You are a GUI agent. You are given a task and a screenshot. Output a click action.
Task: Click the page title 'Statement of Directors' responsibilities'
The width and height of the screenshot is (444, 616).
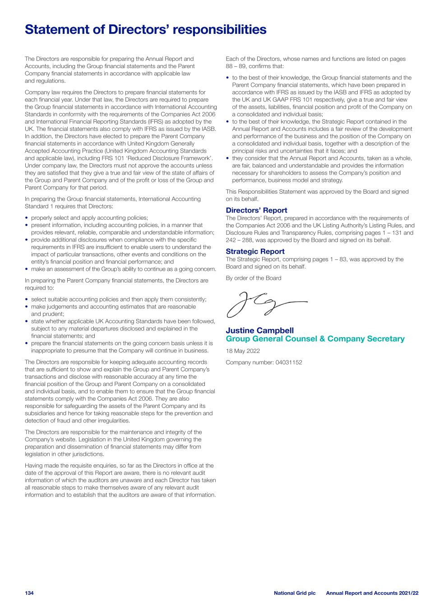tap(145, 30)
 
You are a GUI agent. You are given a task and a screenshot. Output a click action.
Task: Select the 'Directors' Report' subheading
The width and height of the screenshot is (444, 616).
tap(256, 210)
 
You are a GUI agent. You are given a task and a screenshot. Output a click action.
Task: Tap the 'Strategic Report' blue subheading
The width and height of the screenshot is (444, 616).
tap(255, 251)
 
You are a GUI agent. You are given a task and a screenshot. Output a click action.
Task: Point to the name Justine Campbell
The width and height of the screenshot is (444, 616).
tap(259, 331)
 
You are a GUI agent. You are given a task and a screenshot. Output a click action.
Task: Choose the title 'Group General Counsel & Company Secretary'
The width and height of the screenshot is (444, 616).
tap(315, 339)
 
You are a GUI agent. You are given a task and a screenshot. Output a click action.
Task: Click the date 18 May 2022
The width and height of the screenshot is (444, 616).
tap(243, 351)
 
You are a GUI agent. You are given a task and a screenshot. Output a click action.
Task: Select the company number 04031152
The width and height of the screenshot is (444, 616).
tap(264, 362)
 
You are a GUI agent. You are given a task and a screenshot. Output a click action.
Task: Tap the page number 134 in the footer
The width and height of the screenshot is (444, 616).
tap(29, 593)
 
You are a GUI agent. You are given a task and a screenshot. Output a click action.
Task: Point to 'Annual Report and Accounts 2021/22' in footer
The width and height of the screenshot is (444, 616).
tap(372, 593)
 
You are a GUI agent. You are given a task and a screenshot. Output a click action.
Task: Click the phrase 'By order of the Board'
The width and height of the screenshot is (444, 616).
tap(253, 278)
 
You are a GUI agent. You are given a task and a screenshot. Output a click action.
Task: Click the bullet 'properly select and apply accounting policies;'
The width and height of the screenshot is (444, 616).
tap(89, 218)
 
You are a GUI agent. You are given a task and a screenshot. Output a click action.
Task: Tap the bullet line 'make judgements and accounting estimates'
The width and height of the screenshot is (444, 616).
tap(113, 306)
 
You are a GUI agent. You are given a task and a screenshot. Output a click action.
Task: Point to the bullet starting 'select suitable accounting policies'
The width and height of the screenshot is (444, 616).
tap(118, 299)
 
